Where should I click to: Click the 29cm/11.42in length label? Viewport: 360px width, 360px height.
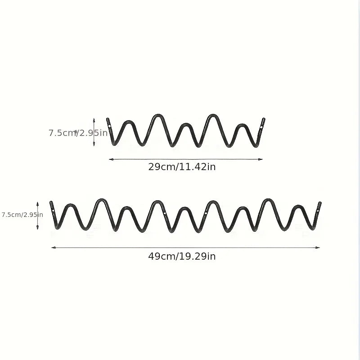(x=182, y=166)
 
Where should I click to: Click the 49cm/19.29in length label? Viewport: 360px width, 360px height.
(x=182, y=256)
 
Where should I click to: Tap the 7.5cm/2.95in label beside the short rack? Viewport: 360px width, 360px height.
(x=78, y=133)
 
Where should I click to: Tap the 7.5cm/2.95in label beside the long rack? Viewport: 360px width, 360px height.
(x=22, y=215)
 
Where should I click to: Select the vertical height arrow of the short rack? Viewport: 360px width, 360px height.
(x=94, y=132)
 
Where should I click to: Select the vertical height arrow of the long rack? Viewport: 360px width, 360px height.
(x=37, y=216)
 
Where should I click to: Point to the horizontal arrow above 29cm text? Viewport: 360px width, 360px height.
(x=186, y=159)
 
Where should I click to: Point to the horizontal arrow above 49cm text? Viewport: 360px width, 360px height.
(x=185, y=247)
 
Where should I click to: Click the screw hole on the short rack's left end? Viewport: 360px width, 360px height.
(x=109, y=126)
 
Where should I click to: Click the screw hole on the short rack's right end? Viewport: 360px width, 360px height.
(x=261, y=127)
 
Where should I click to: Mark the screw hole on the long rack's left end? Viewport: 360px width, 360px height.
(x=53, y=210)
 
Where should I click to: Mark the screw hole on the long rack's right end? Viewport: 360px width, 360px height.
(x=318, y=211)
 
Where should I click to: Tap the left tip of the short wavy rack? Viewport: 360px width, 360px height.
(x=108, y=119)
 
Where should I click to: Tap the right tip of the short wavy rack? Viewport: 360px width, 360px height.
(x=264, y=119)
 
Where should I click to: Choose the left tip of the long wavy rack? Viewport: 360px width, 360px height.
(x=51, y=202)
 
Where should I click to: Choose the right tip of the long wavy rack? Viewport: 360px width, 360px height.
(x=320, y=203)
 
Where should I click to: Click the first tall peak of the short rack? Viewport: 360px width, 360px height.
(x=158, y=115)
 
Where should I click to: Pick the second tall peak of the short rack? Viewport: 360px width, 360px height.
(x=213, y=115)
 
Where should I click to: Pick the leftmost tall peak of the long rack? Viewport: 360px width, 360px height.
(x=102, y=200)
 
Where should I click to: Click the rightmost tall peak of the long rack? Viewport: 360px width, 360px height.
(x=268, y=200)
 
